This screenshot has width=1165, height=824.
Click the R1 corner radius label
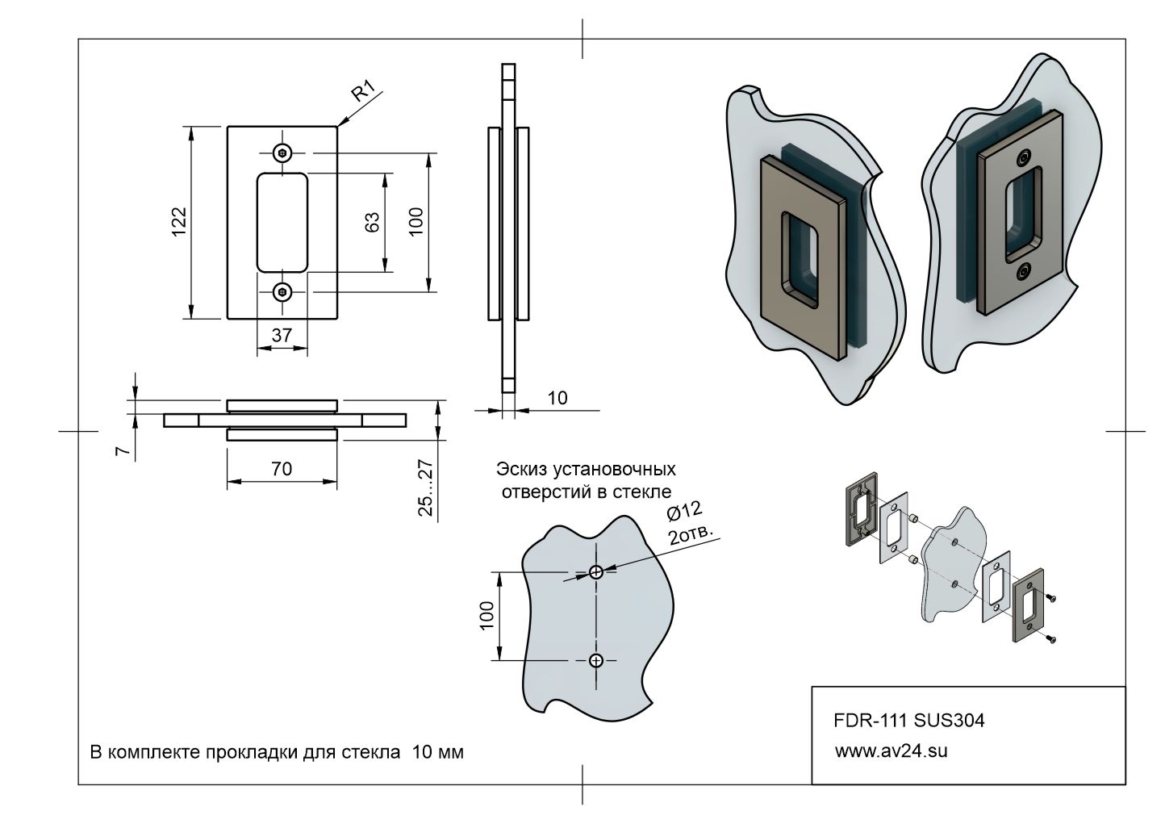(365, 92)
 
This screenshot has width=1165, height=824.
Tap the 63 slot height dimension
(372, 223)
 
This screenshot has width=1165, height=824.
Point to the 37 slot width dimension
(282, 335)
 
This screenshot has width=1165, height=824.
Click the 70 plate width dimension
(282, 468)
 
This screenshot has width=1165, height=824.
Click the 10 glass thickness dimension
(557, 398)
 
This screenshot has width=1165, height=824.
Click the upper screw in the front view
(282, 152)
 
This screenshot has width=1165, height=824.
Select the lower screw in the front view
(282, 292)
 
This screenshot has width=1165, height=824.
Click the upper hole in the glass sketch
(596, 572)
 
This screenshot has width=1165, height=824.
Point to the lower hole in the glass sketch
(596, 661)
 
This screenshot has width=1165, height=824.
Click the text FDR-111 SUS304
(908, 721)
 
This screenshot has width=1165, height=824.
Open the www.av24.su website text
(891, 751)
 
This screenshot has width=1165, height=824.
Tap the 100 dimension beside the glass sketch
(486, 617)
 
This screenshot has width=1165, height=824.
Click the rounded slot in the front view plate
(282, 222)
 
